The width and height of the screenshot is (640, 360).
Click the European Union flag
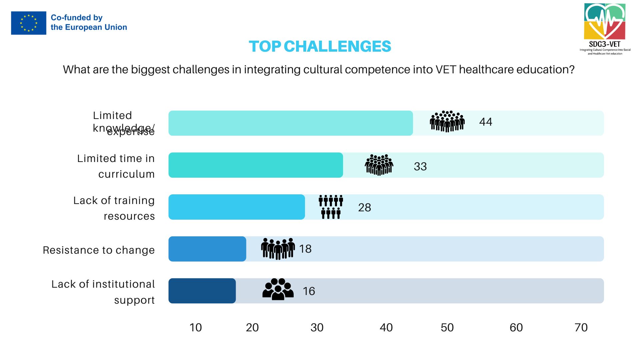pyautogui.click(x=29, y=23)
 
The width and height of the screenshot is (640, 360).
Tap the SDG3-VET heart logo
pyautogui.click(x=605, y=22)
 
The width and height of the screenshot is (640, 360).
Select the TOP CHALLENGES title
pyautogui.click(x=320, y=46)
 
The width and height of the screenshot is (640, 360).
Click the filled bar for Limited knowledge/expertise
pyautogui.click(x=290, y=123)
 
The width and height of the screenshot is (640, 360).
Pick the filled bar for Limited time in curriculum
pyautogui.click(x=255, y=165)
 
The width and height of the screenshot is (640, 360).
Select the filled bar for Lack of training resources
pyautogui.click(x=236, y=207)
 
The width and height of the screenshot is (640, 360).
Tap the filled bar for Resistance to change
pyautogui.click(x=207, y=249)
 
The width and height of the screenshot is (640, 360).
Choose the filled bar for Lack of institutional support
pyautogui.click(x=202, y=291)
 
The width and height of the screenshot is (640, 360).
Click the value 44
pyautogui.click(x=485, y=122)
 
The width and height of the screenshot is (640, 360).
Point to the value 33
pyautogui.click(x=420, y=166)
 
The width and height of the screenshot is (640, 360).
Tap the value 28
pyautogui.click(x=364, y=207)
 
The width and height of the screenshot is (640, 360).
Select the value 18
pyautogui.click(x=305, y=249)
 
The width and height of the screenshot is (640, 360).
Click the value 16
pyautogui.click(x=309, y=291)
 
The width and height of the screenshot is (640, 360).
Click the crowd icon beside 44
pyautogui.click(x=447, y=121)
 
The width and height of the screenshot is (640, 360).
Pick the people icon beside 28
pyautogui.click(x=331, y=207)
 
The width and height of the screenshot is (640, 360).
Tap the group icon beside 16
pyautogui.click(x=278, y=289)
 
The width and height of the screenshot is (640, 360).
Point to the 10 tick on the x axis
pyautogui.click(x=196, y=327)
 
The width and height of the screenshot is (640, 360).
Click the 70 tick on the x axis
pyautogui.click(x=581, y=327)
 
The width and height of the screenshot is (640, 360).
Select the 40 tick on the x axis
pyautogui.click(x=386, y=327)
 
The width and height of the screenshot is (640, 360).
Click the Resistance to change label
pyautogui.click(x=99, y=250)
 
